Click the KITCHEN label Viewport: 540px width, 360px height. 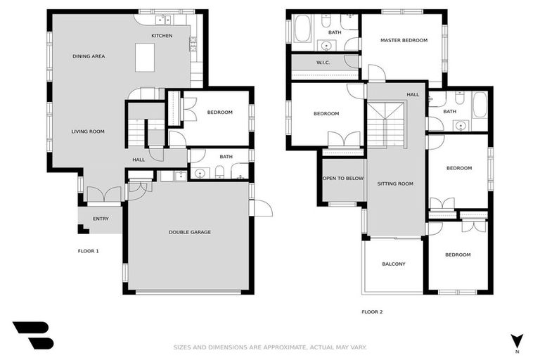[162, 36]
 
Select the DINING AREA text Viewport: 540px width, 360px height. [89, 56]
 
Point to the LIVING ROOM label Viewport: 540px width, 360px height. [88, 131]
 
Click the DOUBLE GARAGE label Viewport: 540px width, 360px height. [189, 232]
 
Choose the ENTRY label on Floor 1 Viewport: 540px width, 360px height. [101, 219]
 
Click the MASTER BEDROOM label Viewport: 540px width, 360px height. [404, 41]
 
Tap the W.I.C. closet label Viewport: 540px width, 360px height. [323, 63]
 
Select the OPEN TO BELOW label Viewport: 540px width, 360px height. [342, 179]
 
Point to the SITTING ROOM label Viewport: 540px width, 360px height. [395, 184]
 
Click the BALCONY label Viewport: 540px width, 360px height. [393, 264]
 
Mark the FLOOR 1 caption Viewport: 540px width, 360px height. [88, 250]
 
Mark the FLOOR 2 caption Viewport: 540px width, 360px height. [372, 311]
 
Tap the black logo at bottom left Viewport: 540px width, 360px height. [32, 335]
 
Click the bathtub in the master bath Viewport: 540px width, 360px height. [303, 30]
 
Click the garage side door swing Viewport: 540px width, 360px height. [262, 208]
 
